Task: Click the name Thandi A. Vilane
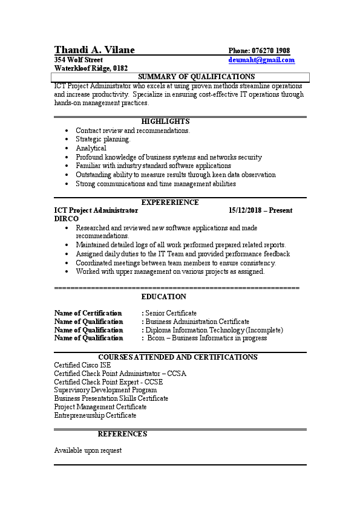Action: (94, 50)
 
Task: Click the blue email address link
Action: (261, 60)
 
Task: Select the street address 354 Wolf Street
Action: (79, 60)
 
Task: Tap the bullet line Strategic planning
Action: (103, 139)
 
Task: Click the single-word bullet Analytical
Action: (91, 148)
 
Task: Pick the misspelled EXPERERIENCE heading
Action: (169, 202)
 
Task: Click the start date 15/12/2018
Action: (244, 210)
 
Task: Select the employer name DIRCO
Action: (66, 219)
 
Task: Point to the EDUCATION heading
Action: (163, 297)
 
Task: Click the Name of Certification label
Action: (88, 313)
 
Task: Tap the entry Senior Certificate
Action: (171, 313)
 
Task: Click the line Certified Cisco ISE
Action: (82, 365)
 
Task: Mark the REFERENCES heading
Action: (122, 434)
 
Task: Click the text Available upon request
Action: (88, 450)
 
